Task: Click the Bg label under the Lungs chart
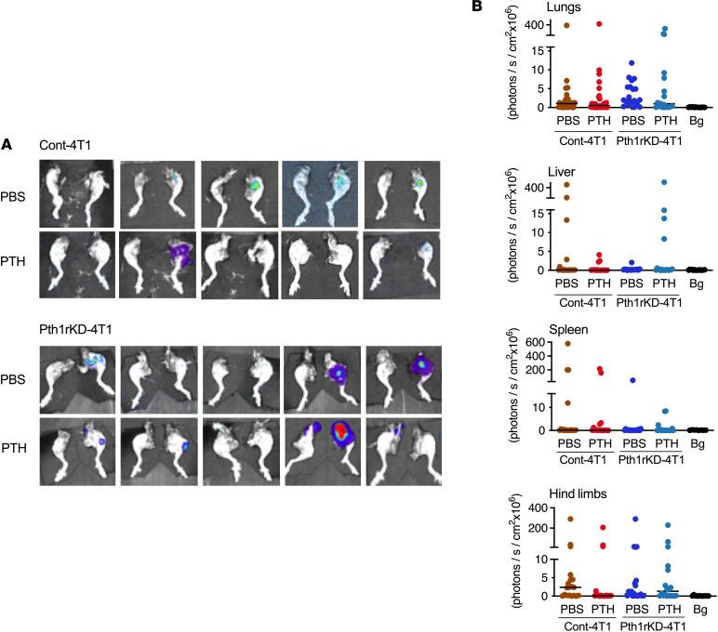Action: pos(698,120)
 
